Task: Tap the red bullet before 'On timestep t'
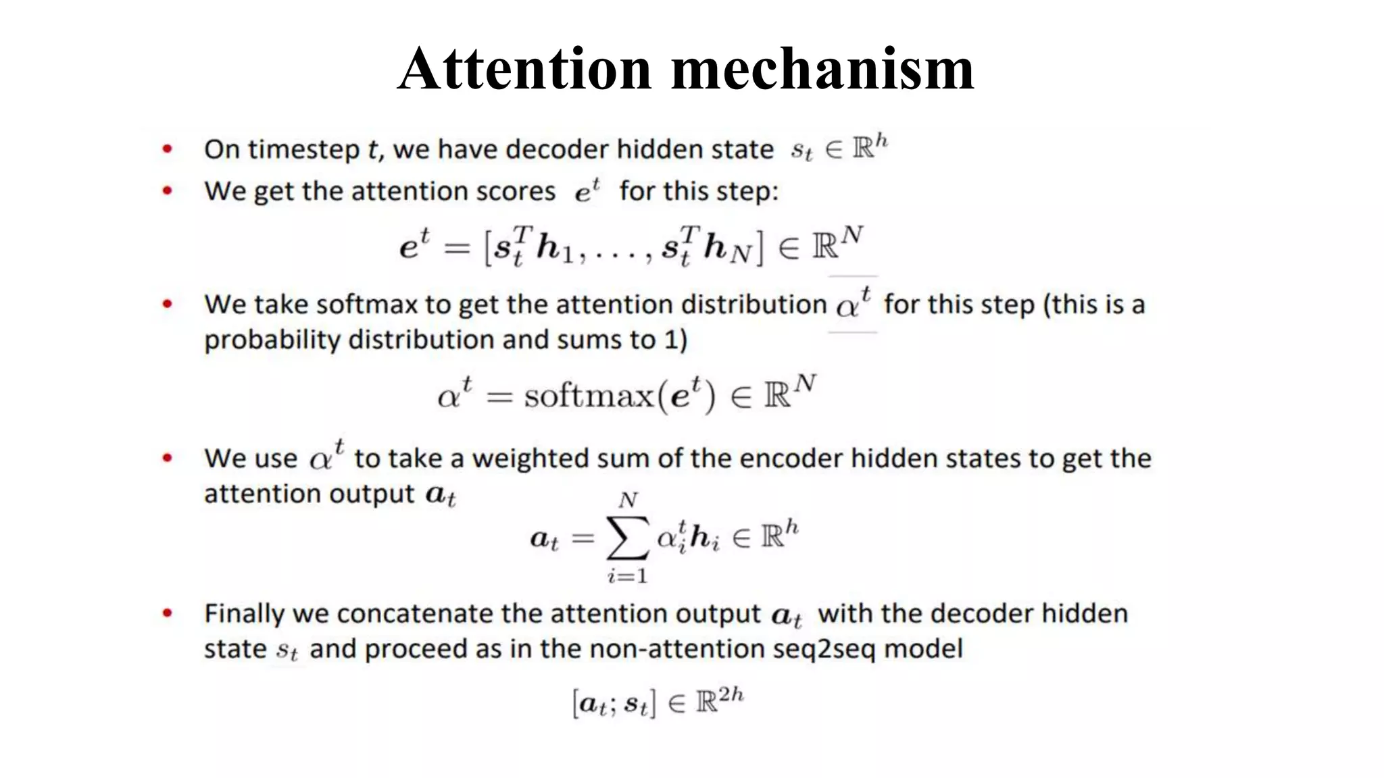[168, 149]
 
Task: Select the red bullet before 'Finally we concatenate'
[168, 613]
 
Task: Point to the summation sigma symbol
[628, 538]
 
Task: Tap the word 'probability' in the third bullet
[272, 340]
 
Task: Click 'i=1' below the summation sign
[627, 576]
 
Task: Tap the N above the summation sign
[628, 500]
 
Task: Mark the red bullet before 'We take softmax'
[168, 304]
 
